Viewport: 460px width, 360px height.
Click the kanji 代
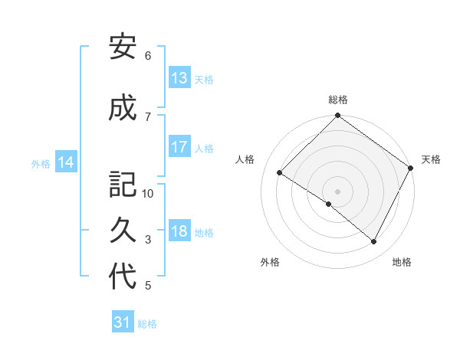point(123,277)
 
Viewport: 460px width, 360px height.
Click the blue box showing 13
point(179,78)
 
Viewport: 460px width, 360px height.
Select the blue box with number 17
point(179,148)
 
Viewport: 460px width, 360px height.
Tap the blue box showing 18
point(179,232)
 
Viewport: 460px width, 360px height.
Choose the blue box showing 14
point(66,162)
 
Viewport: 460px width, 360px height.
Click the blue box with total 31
point(123,323)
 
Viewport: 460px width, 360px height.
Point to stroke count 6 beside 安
point(148,55)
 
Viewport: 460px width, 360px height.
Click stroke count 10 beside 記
point(148,194)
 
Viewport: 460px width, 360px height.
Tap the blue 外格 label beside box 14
point(41,163)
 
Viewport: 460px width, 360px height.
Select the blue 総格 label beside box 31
point(147,324)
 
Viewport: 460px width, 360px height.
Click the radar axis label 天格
point(431,159)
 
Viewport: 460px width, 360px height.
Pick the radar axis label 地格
point(402,262)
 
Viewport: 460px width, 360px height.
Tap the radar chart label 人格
point(245,159)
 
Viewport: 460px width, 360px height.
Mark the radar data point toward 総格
point(337,116)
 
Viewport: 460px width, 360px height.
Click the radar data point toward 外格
point(329,204)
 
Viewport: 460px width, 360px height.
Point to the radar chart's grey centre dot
point(337,190)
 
